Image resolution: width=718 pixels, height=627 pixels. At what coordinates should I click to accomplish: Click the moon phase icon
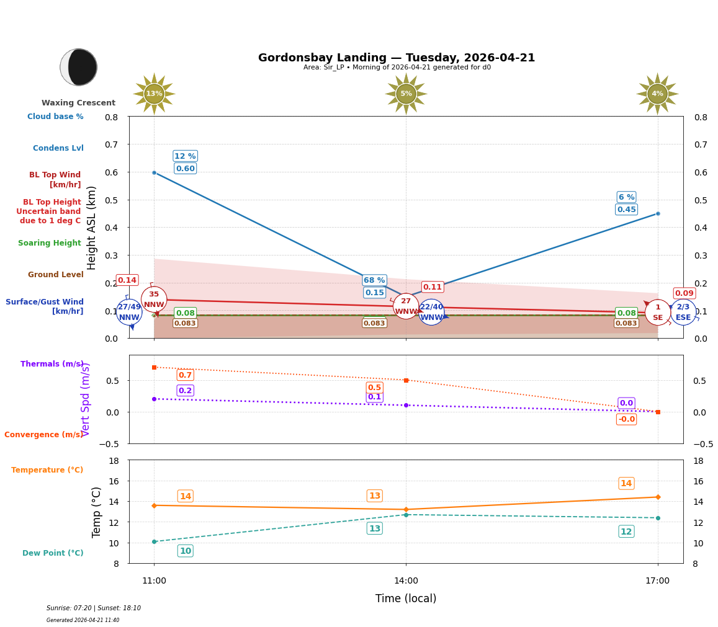point(79,67)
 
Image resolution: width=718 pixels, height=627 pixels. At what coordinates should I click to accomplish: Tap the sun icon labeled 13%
point(154,94)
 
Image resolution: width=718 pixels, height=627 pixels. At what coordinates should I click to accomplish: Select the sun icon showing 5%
point(406,94)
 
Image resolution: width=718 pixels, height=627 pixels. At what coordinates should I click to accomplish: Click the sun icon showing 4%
point(657,94)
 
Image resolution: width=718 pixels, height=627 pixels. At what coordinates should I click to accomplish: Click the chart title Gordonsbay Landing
point(396,58)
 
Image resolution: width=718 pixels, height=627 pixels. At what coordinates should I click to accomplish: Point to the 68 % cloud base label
point(374,280)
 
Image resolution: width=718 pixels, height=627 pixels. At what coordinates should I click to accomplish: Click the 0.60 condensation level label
point(185,168)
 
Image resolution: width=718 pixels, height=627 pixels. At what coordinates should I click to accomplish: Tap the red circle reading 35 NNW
point(154,300)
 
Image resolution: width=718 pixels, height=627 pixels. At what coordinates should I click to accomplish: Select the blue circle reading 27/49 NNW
point(129,312)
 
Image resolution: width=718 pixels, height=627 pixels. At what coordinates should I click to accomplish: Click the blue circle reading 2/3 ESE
point(683,312)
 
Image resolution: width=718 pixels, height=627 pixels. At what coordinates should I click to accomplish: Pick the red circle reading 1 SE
point(657,312)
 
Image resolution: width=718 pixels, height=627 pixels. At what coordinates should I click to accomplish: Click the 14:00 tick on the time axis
point(406,581)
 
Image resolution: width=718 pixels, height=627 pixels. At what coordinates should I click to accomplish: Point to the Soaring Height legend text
point(50,243)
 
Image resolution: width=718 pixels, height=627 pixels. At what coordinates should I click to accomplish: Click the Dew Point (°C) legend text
point(53,553)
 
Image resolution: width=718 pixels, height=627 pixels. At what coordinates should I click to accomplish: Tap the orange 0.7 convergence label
point(185,375)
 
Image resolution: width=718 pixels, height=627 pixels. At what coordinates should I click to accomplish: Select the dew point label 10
point(185,551)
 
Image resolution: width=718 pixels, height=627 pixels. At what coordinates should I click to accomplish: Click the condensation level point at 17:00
point(657,213)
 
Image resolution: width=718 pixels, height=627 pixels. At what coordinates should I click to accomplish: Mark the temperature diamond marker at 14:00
point(406,509)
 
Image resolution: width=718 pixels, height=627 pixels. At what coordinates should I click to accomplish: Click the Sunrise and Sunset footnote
point(93,608)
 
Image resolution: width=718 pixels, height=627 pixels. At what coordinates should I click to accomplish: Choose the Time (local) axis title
point(406,598)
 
